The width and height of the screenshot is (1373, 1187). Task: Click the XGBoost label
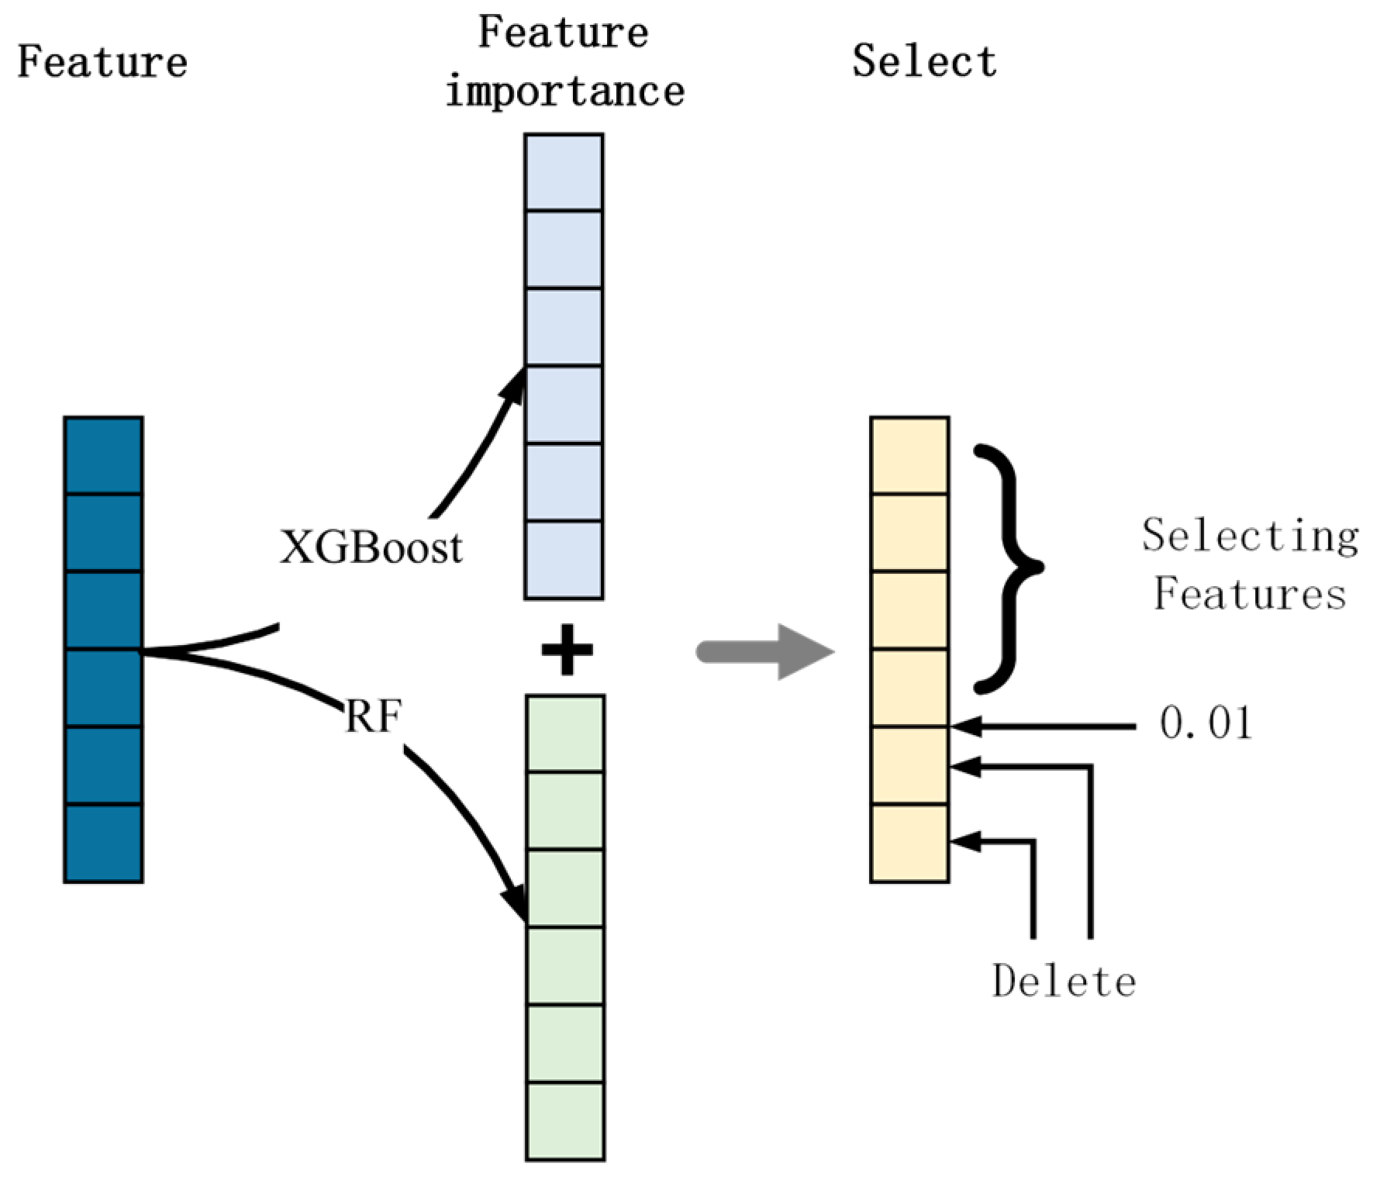coord(371,547)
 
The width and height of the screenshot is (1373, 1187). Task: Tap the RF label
coord(372,717)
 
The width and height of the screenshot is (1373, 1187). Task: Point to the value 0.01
coord(1206,724)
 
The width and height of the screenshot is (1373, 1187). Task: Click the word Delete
coord(1064,982)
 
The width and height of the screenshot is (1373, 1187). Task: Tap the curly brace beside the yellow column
coord(1008,568)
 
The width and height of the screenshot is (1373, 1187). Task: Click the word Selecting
coord(1250,537)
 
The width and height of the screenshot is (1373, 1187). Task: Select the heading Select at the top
coord(924,62)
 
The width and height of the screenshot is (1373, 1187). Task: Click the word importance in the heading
coord(565,91)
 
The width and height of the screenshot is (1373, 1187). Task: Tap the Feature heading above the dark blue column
coord(102,62)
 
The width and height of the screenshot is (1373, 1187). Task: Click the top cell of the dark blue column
coord(104,455)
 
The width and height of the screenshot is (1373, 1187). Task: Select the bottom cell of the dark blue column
coord(104,843)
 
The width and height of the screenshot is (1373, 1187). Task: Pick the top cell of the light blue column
coord(564,172)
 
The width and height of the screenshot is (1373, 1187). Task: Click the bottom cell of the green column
coord(565,1120)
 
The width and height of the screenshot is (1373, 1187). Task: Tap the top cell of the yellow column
coord(909,455)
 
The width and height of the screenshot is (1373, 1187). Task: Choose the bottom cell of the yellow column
coord(909,843)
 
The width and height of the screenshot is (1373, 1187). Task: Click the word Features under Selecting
coord(1250,595)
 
